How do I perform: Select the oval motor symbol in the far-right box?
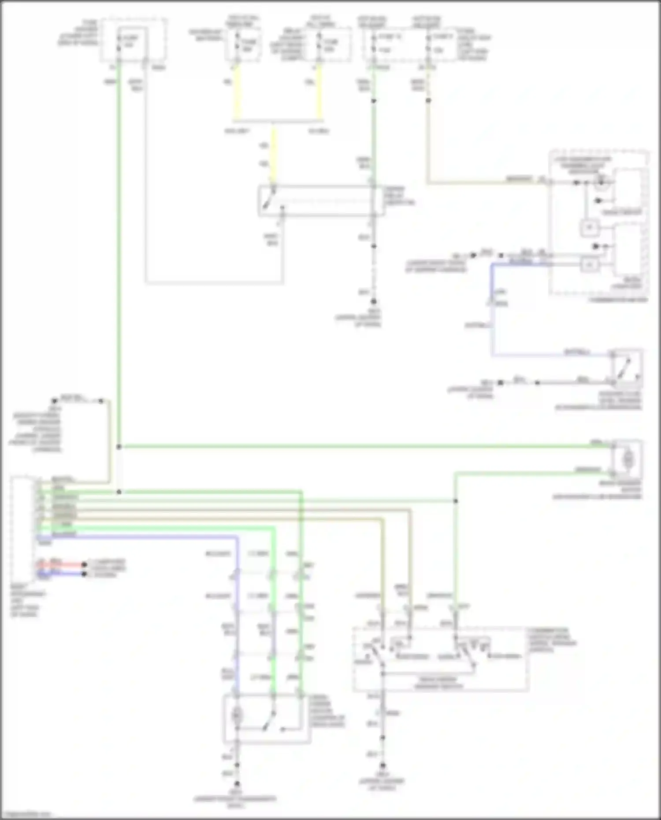click(x=628, y=460)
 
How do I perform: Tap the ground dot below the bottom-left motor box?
click(x=237, y=784)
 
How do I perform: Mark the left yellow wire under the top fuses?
click(x=237, y=93)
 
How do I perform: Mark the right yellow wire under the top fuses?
click(x=319, y=93)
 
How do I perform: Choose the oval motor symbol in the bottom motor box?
click(x=237, y=714)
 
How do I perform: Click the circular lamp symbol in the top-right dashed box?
click(x=600, y=182)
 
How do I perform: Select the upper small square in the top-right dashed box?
click(x=590, y=227)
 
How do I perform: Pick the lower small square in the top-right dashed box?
click(x=590, y=264)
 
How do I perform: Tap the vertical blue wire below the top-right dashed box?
click(x=492, y=308)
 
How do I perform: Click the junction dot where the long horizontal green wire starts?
click(x=119, y=447)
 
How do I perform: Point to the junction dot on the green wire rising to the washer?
click(x=455, y=501)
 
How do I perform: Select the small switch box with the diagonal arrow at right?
click(x=626, y=368)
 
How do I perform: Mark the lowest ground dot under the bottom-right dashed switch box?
click(x=382, y=766)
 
